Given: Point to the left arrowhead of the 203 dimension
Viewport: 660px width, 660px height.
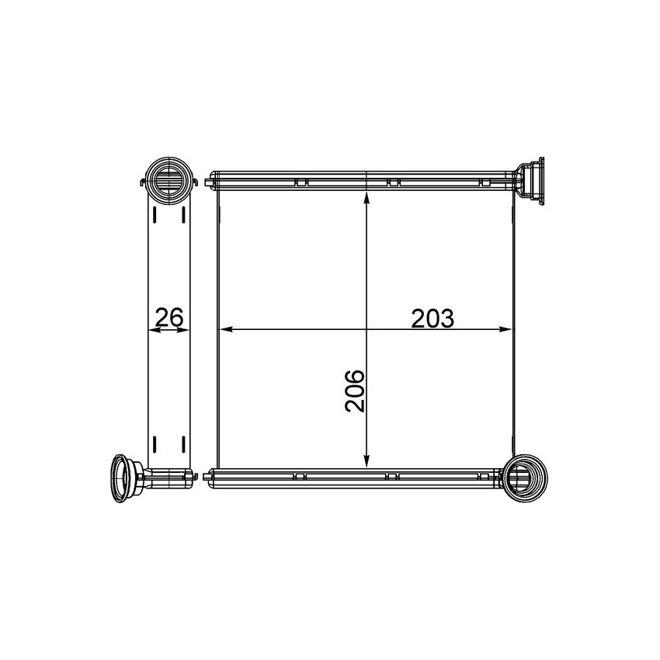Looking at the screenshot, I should pos(227,330).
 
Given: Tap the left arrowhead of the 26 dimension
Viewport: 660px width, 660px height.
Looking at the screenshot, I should pos(152,330).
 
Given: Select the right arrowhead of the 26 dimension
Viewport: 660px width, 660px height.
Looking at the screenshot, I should pos(186,330).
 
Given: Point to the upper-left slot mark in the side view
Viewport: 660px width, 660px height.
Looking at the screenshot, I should pos(155,215).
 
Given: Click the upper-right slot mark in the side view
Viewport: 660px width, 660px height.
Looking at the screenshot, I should pos(182,215).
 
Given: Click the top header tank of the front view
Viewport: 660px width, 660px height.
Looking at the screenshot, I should pos(365,181).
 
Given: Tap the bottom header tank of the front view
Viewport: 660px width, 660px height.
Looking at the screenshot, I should pos(357,476).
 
